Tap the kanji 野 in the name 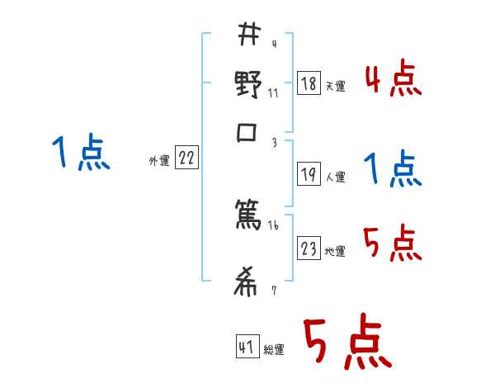pos(247,85)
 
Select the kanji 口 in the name pos(247,135)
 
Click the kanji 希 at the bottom pos(247,283)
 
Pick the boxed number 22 pos(186,159)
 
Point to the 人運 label pos(335,177)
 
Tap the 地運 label pos(335,251)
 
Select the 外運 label pos(158,161)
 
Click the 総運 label pos(274,349)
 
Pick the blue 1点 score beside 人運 pos(393,169)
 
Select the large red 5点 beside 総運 pos(346,343)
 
